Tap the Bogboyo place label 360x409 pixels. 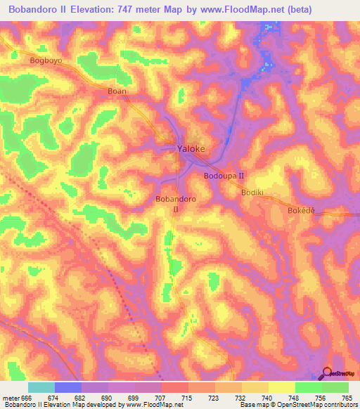pyautogui.click(x=47, y=61)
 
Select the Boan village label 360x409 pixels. pyautogui.click(x=116, y=91)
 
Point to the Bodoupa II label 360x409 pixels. pyautogui.click(x=224, y=176)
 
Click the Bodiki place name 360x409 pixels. pyautogui.click(x=252, y=191)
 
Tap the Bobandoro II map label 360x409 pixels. pyautogui.click(x=176, y=204)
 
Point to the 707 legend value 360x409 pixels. pyautogui.click(x=161, y=397)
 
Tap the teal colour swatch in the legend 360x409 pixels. pyautogui.click(x=41, y=387)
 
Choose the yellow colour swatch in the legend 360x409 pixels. pyautogui.click(x=281, y=387)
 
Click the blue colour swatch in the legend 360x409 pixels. pyautogui.click(x=68, y=387)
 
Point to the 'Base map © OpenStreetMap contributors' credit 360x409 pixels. pyautogui.click(x=295, y=405)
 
